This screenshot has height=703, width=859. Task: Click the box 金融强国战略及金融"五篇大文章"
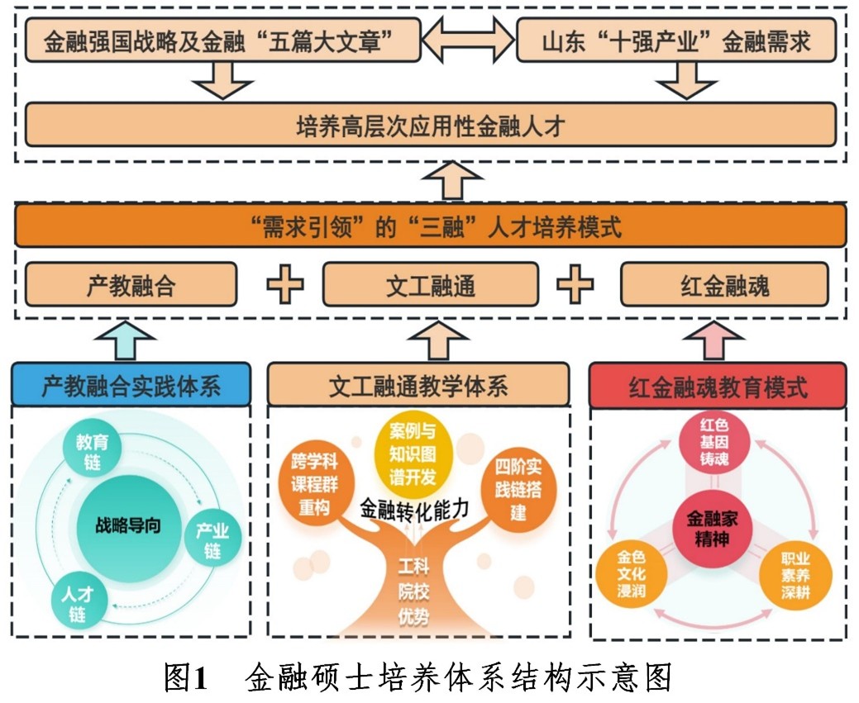[x=222, y=41]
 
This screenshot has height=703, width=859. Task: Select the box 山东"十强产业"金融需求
[x=676, y=41]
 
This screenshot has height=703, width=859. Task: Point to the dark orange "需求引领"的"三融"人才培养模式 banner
[x=430, y=226]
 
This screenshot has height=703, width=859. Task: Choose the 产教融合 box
[x=131, y=285]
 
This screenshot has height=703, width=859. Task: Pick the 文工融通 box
[x=430, y=285]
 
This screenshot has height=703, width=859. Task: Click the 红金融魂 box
[x=724, y=285]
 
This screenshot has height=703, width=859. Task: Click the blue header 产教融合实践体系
[x=131, y=386]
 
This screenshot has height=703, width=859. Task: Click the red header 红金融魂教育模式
[x=718, y=386]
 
